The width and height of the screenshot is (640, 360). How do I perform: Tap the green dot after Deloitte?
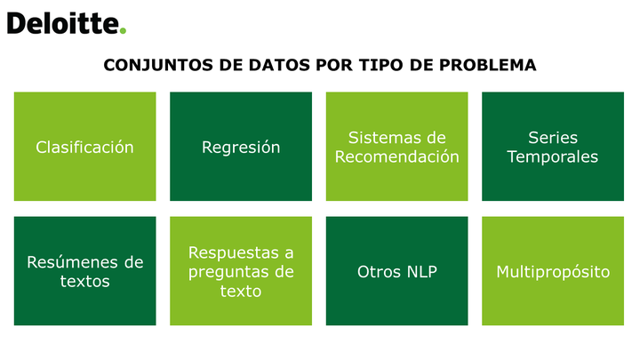tap(123, 30)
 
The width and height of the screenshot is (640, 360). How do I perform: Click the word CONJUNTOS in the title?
tap(158, 65)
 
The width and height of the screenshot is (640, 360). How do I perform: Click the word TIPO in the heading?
tap(380, 65)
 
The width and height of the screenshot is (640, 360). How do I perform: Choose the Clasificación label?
tap(85, 148)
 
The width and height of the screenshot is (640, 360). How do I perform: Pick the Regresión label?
tap(241, 148)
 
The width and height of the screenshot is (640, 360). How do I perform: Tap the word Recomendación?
tap(396, 156)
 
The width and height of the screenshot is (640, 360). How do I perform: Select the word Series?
tap(553, 138)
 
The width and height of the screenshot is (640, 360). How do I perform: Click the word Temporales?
tap(553, 156)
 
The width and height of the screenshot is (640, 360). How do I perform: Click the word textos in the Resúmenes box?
tap(85, 281)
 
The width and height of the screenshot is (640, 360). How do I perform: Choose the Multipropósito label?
tap(553, 272)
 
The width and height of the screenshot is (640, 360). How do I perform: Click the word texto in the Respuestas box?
tap(241, 291)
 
